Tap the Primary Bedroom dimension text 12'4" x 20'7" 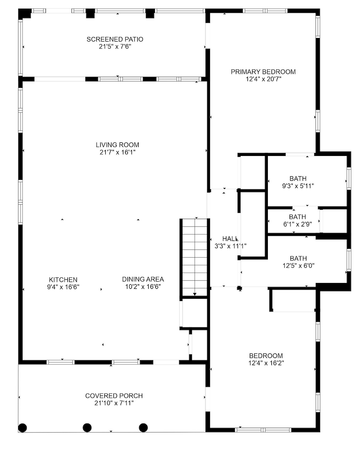click(263, 79)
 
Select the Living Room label click(117, 145)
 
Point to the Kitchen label click(63, 279)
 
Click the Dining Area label click(143, 279)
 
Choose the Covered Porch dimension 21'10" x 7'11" click(114, 403)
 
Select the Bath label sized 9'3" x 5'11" click(298, 178)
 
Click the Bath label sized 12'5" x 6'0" click(298, 258)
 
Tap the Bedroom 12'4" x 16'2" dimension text click(266, 363)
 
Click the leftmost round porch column click(23, 427)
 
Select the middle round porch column click(87, 427)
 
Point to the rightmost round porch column click(143, 427)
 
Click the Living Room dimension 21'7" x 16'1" click(117, 152)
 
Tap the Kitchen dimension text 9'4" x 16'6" click(63, 287)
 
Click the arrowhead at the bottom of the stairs click(195, 295)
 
